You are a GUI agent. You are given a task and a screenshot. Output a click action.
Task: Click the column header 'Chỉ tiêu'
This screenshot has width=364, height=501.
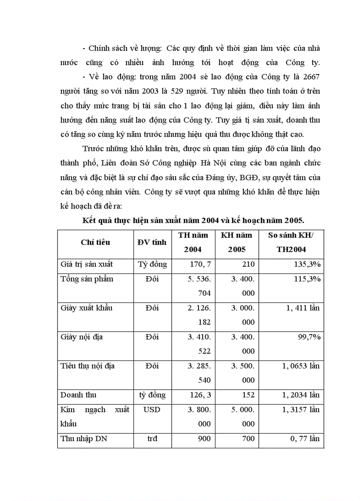95,242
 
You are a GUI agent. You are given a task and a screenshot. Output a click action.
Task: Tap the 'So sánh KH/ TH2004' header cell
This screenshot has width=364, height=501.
290,242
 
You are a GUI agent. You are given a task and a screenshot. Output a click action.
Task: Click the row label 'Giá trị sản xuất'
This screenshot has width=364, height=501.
87,264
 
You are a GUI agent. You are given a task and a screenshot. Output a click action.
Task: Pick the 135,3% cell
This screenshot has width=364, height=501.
306,264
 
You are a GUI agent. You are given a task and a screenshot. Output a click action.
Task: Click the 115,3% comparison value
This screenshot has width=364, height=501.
306,279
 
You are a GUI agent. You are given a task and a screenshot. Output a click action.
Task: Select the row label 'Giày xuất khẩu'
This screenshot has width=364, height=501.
87,308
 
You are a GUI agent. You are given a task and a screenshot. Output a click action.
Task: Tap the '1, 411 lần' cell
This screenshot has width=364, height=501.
300,308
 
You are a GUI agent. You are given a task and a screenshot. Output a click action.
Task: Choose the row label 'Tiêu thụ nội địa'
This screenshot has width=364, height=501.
87,366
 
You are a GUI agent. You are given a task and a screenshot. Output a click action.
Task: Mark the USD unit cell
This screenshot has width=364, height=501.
152,409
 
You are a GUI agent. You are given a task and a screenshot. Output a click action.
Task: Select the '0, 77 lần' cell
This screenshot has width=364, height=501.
305,439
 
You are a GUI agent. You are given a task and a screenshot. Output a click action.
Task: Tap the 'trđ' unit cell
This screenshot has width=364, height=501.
152,439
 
